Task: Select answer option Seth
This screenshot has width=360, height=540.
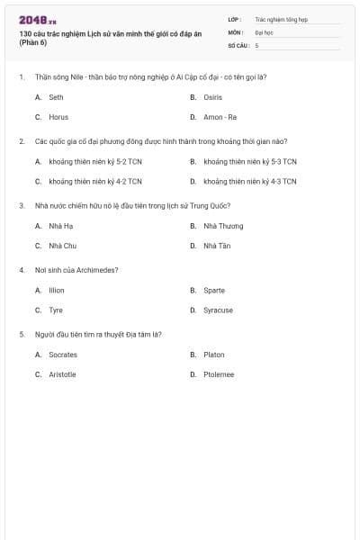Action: [56, 97]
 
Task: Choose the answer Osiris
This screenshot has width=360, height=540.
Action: [213, 97]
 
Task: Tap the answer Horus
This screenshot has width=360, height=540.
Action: [58, 117]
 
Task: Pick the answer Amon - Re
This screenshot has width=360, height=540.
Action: [220, 117]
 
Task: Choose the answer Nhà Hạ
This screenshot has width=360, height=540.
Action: [61, 226]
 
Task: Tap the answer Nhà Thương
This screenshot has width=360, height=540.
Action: [223, 226]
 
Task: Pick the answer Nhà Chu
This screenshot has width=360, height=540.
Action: [62, 246]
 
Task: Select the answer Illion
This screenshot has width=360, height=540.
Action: [57, 291]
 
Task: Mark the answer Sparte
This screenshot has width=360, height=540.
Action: [214, 291]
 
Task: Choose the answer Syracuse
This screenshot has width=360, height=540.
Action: [218, 310]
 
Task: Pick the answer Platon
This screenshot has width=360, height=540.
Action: [214, 355]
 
